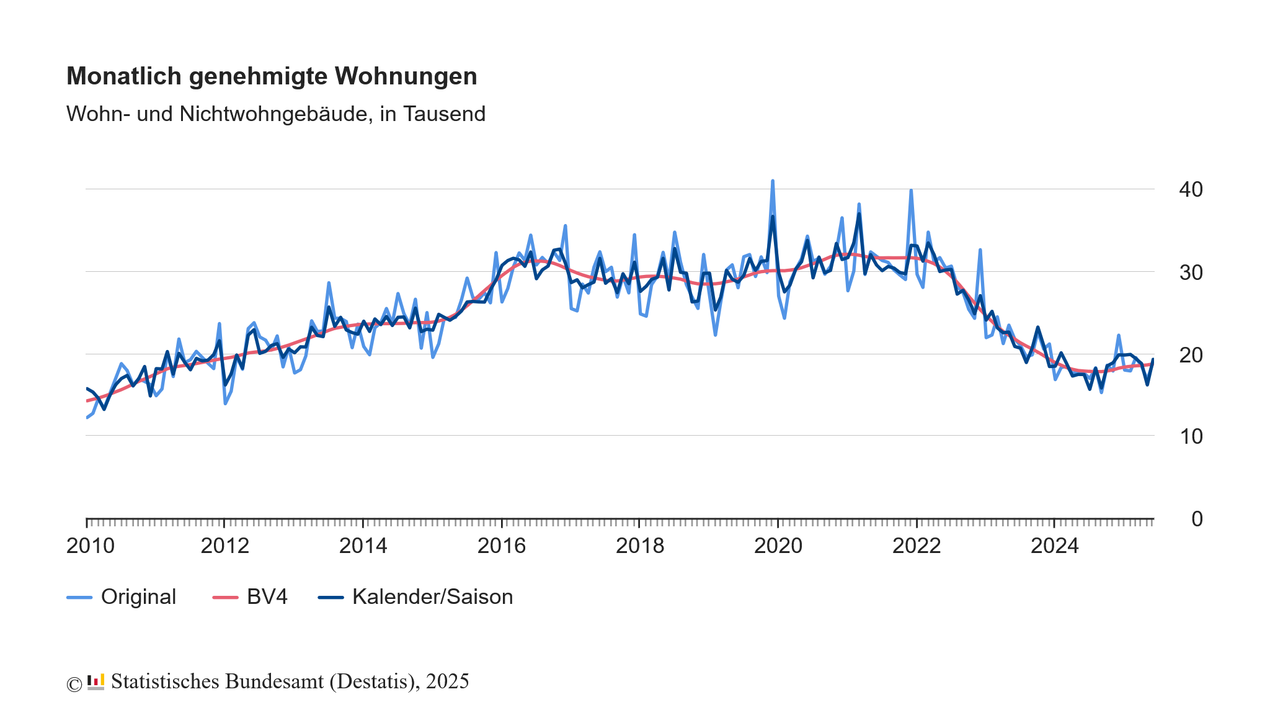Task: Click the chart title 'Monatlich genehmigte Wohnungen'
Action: tap(272, 76)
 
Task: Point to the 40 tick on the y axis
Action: tap(1191, 189)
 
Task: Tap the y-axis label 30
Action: tap(1191, 272)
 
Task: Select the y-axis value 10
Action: tap(1191, 436)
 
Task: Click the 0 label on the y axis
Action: tap(1197, 518)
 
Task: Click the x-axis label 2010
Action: tap(91, 546)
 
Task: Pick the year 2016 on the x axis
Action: tap(501, 546)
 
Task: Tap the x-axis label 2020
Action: tap(778, 546)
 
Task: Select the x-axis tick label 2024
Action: tap(1054, 546)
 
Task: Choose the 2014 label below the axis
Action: tap(363, 546)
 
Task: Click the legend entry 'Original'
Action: tap(138, 596)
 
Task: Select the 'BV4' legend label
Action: tap(267, 596)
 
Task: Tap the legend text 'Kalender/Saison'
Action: tap(432, 596)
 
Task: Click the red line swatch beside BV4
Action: tap(225, 597)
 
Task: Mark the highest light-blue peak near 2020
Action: tap(772, 181)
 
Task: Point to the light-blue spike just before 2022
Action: tap(911, 191)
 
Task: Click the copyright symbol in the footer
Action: tap(74, 684)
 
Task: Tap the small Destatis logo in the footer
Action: tap(95, 681)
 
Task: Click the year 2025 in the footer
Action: tap(447, 681)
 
